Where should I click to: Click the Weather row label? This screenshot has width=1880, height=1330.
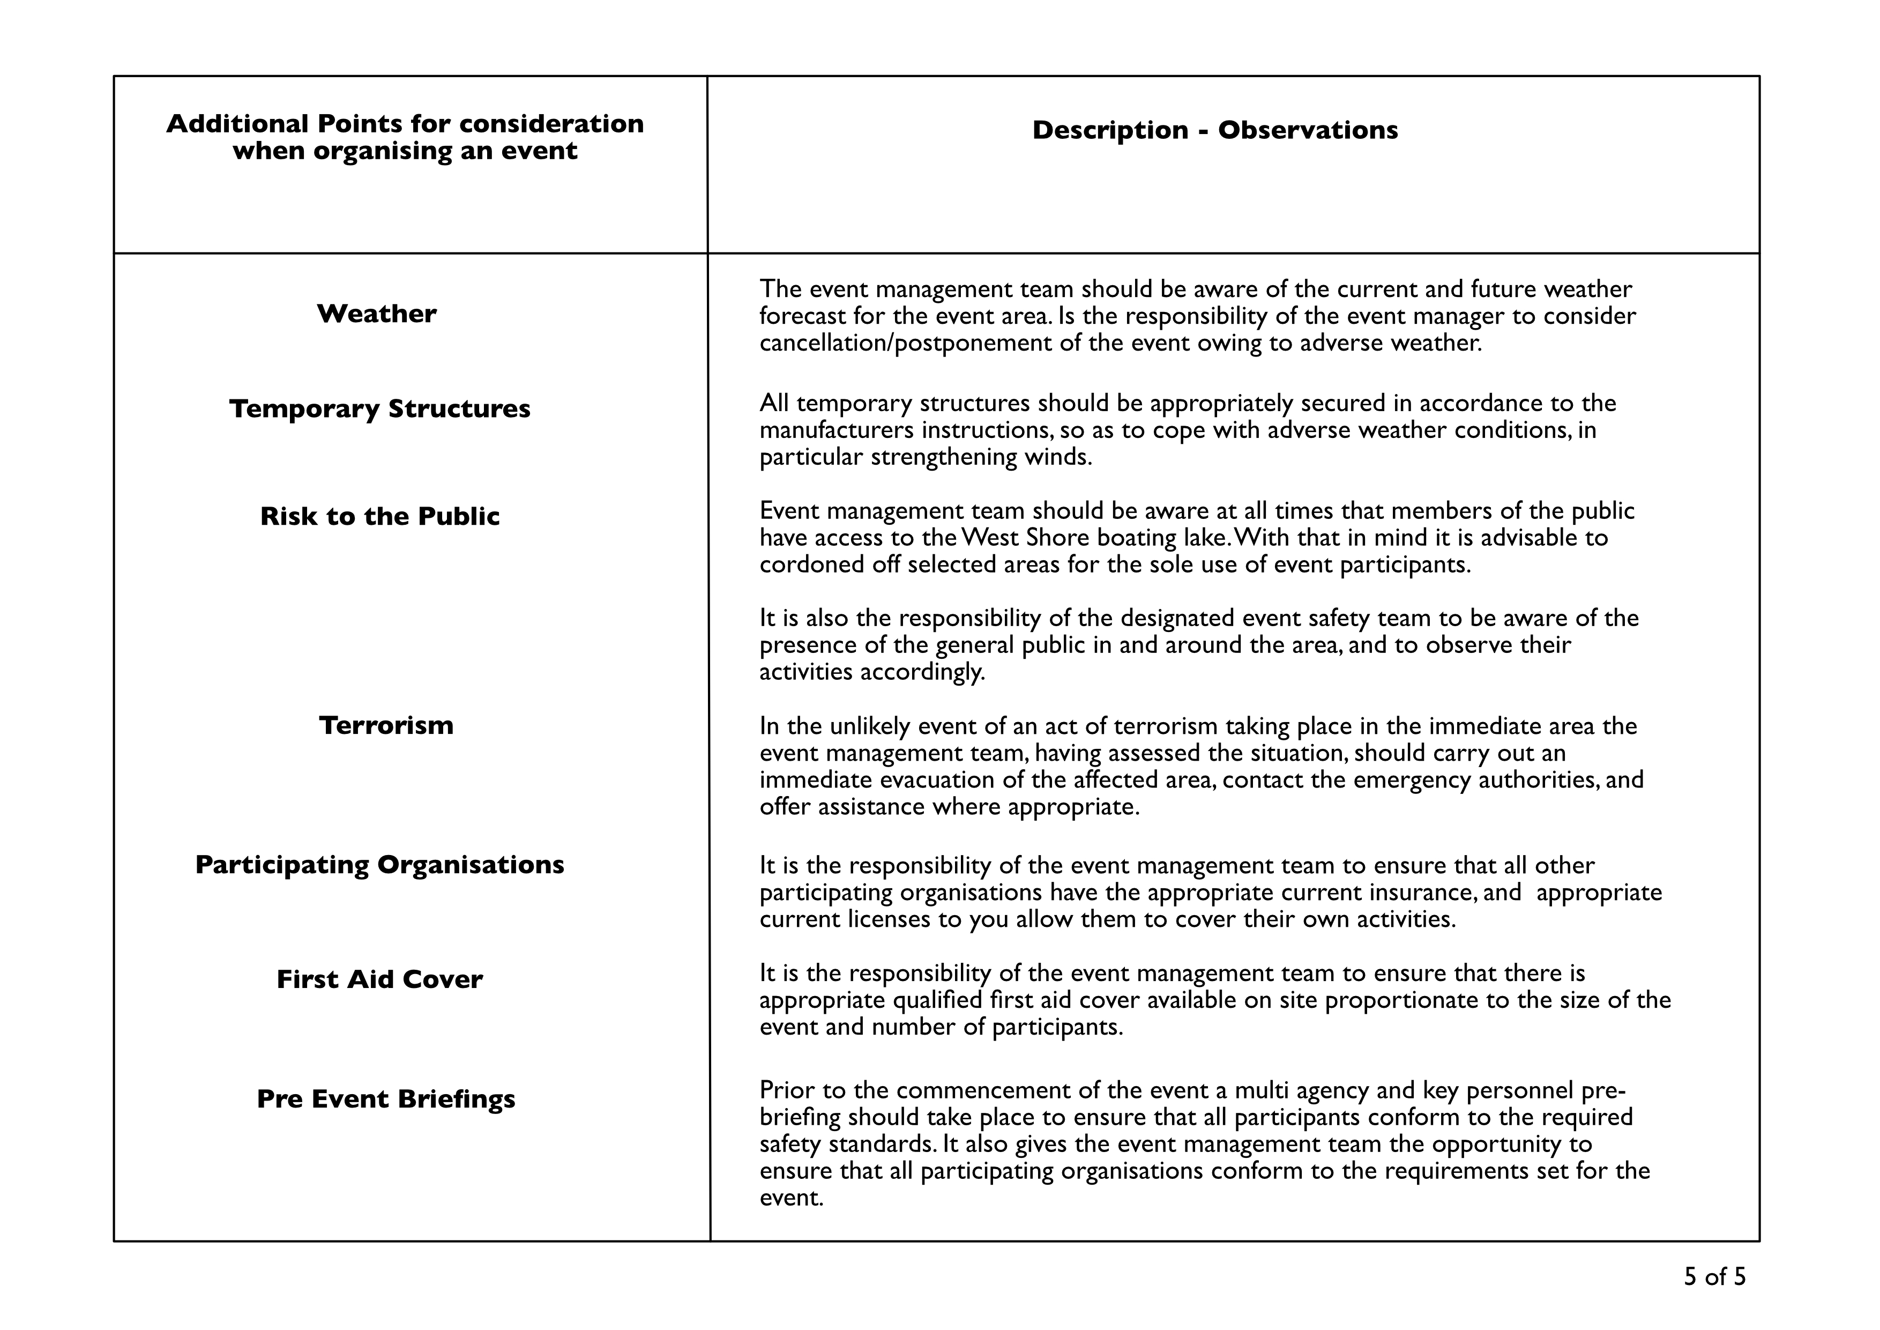click(x=377, y=314)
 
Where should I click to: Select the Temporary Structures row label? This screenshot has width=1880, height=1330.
click(x=380, y=408)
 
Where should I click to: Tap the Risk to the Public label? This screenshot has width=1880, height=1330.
click(x=380, y=516)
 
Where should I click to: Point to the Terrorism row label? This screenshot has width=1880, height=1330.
click(x=386, y=725)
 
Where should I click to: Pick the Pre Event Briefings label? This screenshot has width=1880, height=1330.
click(x=386, y=1099)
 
